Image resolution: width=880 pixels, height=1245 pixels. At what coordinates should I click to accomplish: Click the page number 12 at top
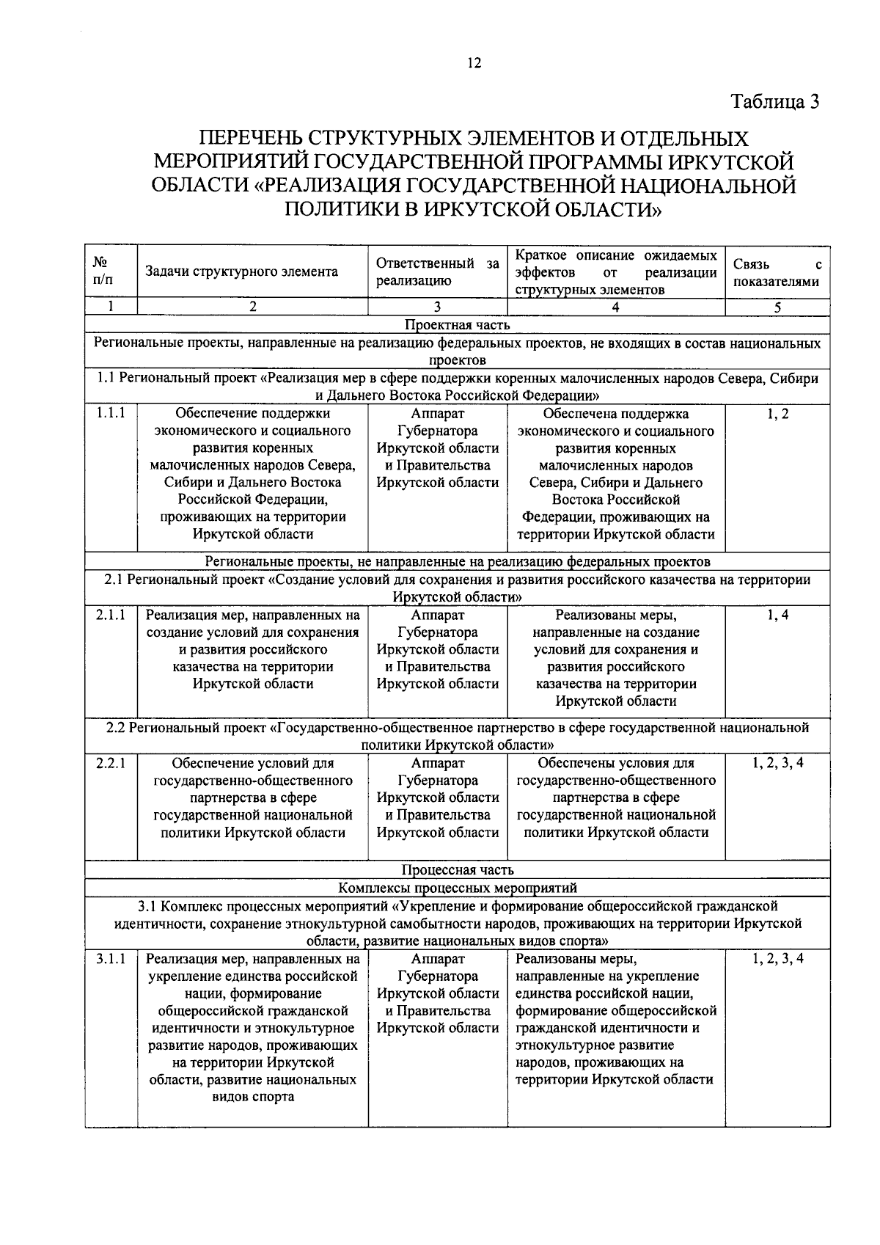click(474, 64)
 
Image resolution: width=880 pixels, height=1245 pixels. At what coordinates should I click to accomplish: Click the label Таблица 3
click(774, 102)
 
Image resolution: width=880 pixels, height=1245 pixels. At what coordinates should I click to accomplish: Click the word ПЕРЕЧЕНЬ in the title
click(249, 138)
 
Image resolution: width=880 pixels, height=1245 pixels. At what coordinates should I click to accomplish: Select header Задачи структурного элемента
click(242, 272)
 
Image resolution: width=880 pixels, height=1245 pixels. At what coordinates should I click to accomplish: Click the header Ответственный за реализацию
click(437, 271)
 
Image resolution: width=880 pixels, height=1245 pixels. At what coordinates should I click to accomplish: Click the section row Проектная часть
click(457, 325)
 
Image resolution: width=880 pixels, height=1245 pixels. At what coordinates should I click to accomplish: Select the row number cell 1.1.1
click(111, 414)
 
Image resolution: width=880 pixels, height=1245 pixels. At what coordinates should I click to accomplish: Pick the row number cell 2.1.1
click(111, 616)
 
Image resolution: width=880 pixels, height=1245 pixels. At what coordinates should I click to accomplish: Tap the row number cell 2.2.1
click(111, 763)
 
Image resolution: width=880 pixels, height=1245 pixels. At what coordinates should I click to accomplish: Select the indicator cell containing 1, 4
click(777, 616)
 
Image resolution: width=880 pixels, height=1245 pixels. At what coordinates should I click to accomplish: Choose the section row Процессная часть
click(457, 870)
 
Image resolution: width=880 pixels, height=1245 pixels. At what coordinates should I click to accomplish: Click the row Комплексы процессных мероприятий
click(457, 888)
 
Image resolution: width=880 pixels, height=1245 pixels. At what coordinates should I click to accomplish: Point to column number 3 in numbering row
click(437, 307)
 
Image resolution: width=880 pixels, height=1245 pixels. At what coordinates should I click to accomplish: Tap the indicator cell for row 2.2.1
click(777, 763)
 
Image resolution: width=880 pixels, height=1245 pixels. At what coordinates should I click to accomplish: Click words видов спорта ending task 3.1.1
click(253, 1098)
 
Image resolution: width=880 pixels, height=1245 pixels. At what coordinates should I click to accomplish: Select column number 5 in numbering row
click(777, 307)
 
